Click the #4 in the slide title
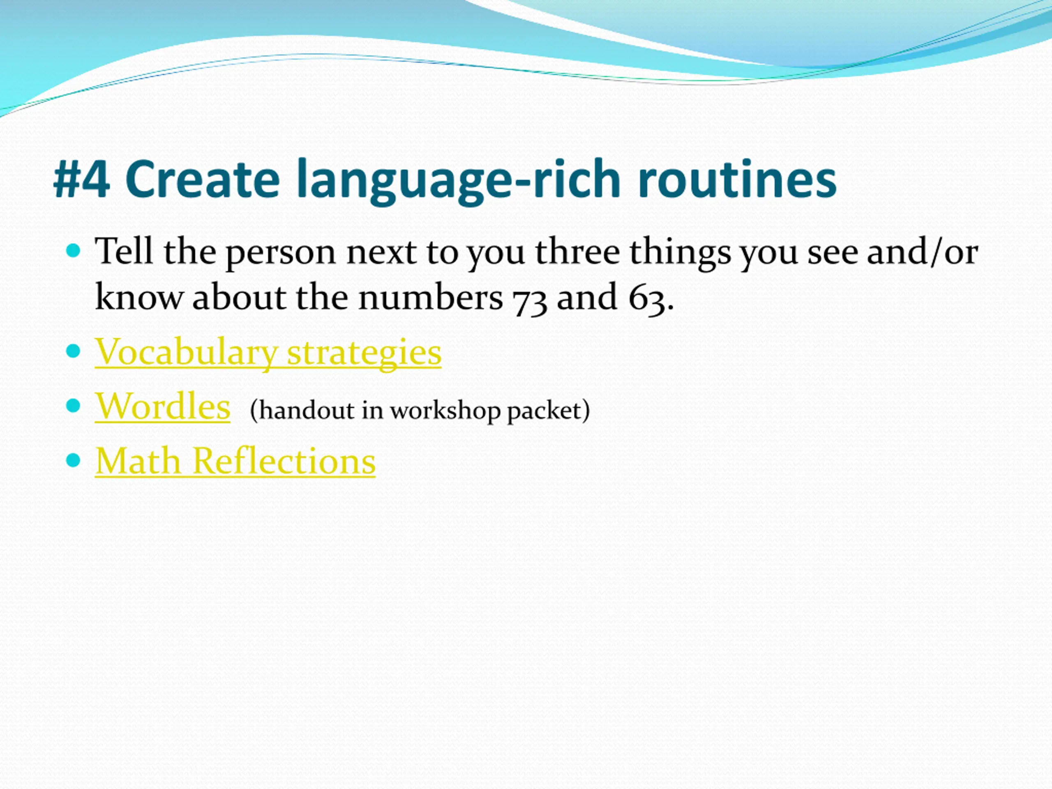click(x=82, y=179)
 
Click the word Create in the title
click(x=203, y=179)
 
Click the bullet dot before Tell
click(x=73, y=250)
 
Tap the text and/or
click(x=922, y=251)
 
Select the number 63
click(x=647, y=298)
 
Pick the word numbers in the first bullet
click(x=430, y=297)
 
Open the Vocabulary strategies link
click(x=268, y=353)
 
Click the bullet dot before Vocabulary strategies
click(x=73, y=351)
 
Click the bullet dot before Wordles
click(x=73, y=406)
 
